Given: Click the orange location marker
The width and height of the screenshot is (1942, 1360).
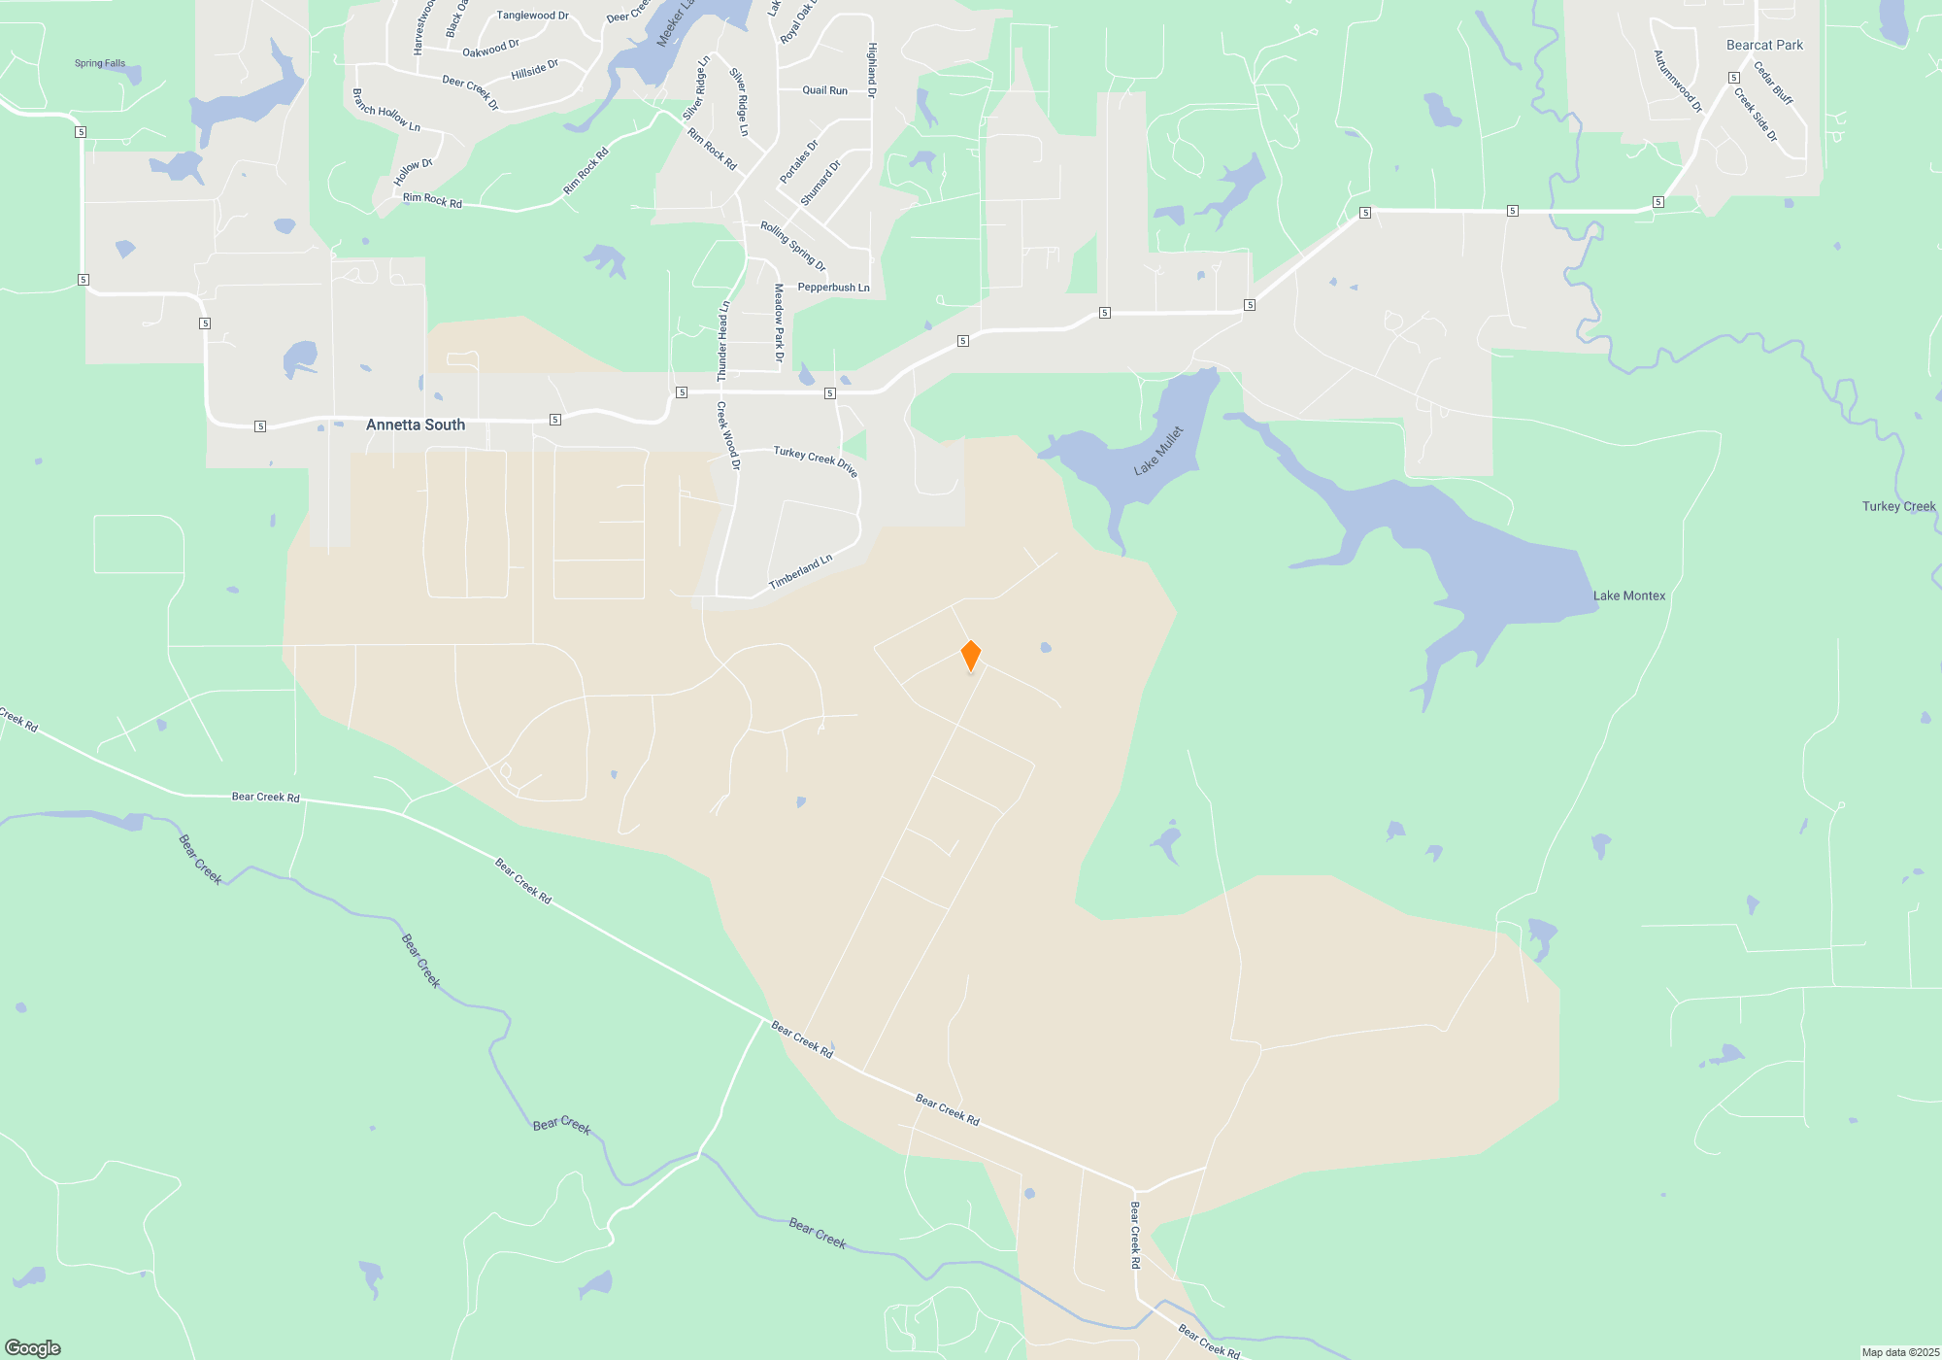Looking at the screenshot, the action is [x=970, y=655].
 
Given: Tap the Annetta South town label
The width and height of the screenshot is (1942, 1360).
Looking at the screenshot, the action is [x=416, y=425].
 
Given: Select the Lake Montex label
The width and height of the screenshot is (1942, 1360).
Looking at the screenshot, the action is [x=1628, y=595].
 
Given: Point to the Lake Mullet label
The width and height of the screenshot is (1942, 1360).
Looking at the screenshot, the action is [x=1158, y=451].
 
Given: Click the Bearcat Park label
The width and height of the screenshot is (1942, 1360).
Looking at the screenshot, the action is [x=1764, y=45].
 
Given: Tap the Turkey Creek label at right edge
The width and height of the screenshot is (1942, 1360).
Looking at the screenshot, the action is [x=1898, y=506].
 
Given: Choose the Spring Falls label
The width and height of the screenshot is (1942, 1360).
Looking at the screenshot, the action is [x=100, y=63].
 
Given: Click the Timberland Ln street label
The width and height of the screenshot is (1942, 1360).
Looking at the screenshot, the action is [x=800, y=572].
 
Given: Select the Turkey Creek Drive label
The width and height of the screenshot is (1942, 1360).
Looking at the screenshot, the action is [x=816, y=460].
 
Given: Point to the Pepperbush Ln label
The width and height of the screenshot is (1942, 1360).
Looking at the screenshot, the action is [x=833, y=288].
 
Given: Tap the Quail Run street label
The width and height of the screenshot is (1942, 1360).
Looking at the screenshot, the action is [x=824, y=90].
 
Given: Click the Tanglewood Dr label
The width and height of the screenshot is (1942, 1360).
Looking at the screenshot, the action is [x=532, y=16].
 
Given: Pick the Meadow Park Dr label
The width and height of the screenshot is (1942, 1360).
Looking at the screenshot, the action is [x=779, y=323].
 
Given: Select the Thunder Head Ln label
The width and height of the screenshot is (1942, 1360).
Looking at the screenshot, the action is [x=722, y=341].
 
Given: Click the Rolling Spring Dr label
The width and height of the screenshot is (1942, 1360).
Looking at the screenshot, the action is [x=792, y=246].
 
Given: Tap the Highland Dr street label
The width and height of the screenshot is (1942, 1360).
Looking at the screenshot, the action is [x=872, y=70].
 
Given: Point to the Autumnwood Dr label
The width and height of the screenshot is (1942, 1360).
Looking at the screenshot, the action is [x=1678, y=82].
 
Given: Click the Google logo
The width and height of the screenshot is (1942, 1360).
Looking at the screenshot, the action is [x=33, y=1348].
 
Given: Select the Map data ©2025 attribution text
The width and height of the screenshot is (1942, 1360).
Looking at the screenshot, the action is [x=1900, y=1352].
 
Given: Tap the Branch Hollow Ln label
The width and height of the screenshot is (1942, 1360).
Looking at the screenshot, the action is [x=386, y=111].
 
